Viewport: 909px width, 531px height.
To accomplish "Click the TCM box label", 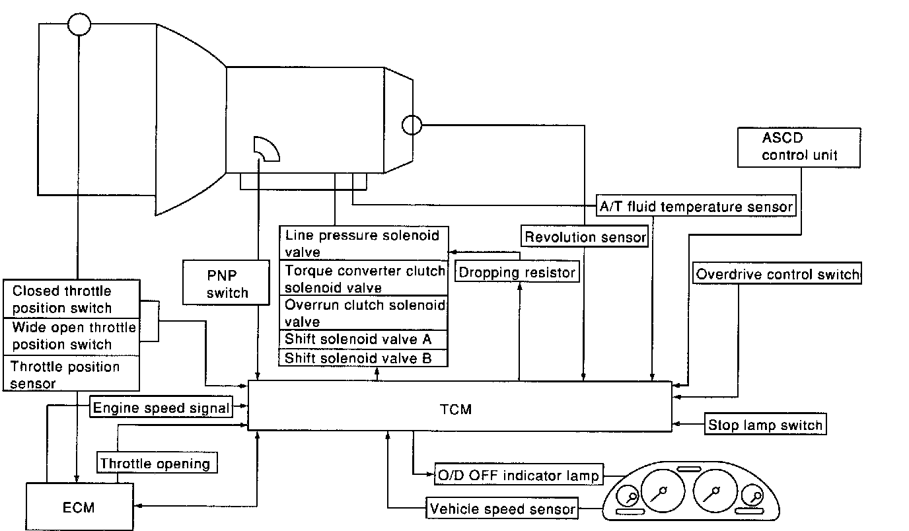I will (x=456, y=409).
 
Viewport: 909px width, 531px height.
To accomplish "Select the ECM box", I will (x=79, y=507).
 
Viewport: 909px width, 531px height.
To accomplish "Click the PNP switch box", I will (x=227, y=283).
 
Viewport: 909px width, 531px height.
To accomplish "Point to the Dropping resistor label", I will (x=517, y=272).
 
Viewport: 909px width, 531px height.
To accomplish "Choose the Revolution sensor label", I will (x=585, y=237).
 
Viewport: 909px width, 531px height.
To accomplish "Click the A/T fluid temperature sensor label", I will (x=696, y=206).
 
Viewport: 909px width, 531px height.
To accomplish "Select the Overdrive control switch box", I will (x=777, y=274).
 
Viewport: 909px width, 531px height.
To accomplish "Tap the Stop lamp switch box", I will (x=765, y=425).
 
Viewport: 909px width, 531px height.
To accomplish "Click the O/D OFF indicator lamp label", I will (x=518, y=475).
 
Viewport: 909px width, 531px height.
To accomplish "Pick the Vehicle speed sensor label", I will (x=503, y=509).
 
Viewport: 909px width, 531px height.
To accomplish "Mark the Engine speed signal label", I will (x=161, y=407).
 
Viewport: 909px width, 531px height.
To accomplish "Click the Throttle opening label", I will (x=155, y=464).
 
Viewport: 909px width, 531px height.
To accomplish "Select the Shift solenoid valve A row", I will (x=363, y=339).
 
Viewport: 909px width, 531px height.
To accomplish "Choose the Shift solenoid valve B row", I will (x=363, y=358).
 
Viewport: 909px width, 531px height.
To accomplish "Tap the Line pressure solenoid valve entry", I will (x=363, y=243).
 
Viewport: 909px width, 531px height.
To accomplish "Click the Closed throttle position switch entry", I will (x=71, y=299).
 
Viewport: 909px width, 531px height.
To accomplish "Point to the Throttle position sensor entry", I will (x=71, y=374).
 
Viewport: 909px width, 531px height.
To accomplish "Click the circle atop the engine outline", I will (x=79, y=26).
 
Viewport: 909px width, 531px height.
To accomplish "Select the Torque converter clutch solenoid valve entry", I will (x=363, y=279).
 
